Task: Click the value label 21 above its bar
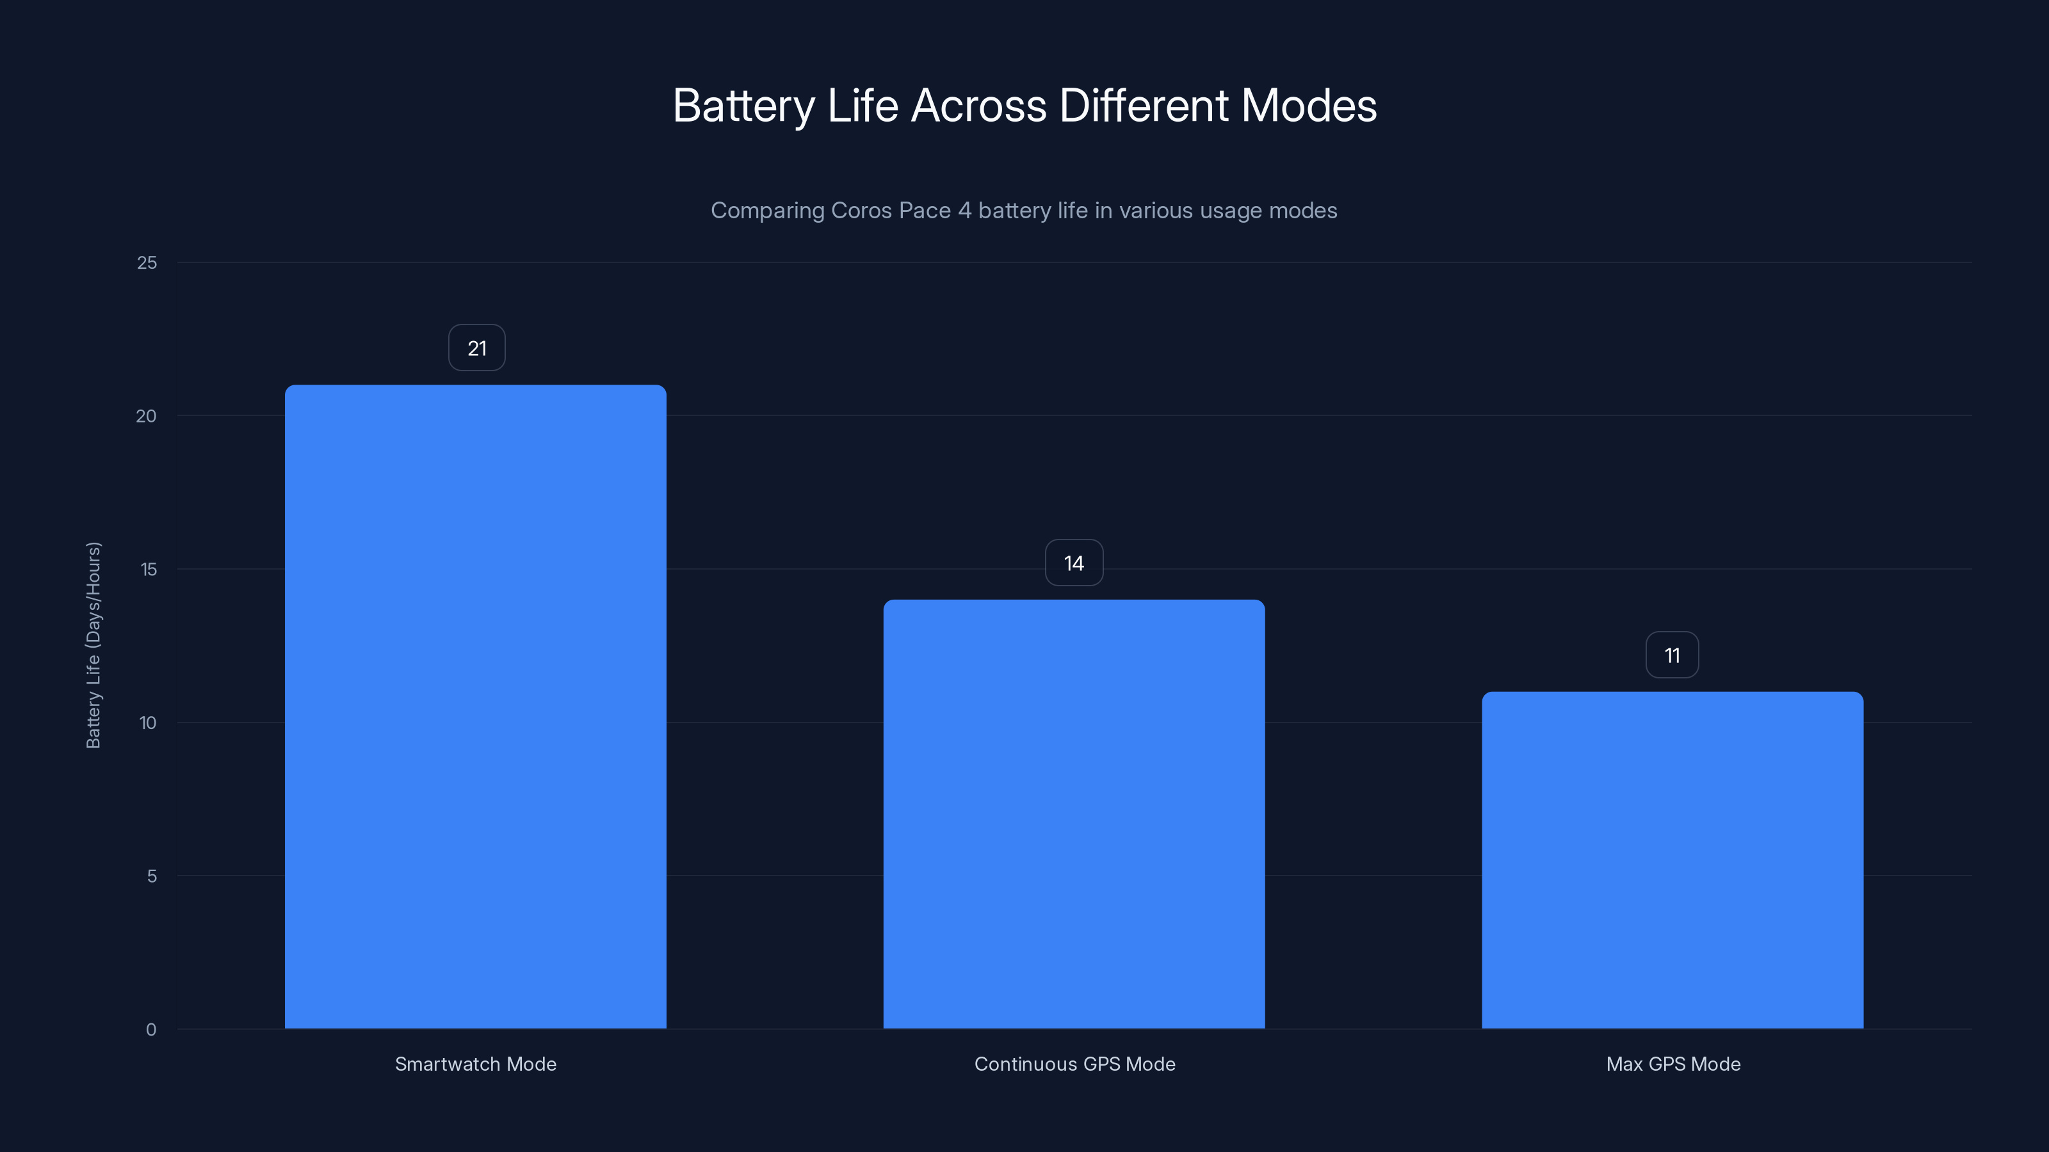[476, 348]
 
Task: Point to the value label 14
[1074, 564]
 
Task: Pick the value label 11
[1672, 656]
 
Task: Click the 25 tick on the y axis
[147, 263]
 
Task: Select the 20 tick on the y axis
[147, 417]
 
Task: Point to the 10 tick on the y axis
[148, 723]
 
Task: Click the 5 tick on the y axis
[151, 877]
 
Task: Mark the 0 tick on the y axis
[151, 1030]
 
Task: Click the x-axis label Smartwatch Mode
[476, 1064]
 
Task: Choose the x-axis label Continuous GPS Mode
[1074, 1064]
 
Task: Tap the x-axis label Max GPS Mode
[1672, 1064]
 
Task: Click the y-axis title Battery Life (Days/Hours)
[93, 644]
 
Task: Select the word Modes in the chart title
[1308, 106]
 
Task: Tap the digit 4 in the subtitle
[964, 211]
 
